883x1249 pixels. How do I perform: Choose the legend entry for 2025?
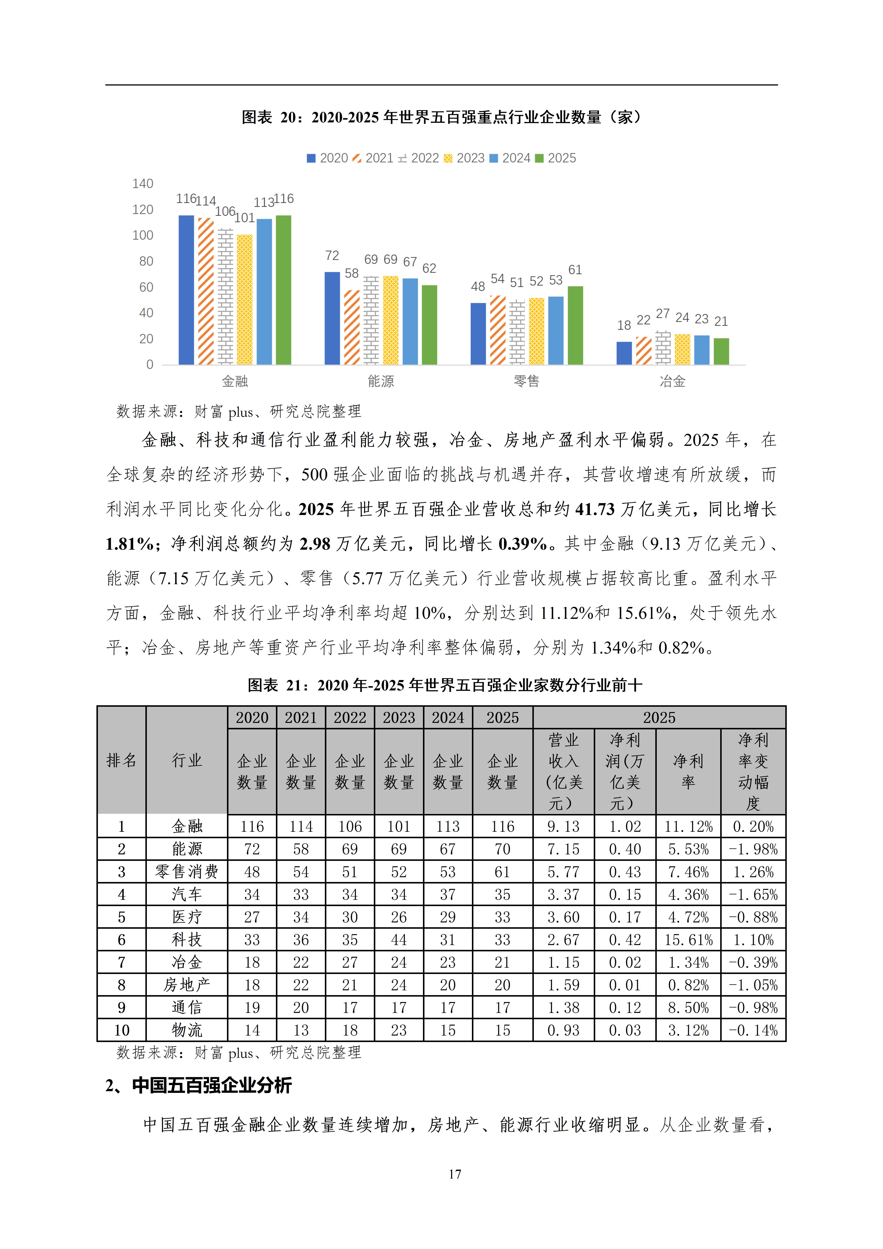tap(556, 158)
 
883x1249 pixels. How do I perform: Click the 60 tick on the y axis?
tap(146, 287)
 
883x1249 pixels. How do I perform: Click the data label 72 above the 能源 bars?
tap(332, 256)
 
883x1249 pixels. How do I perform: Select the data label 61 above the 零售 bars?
tap(575, 270)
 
